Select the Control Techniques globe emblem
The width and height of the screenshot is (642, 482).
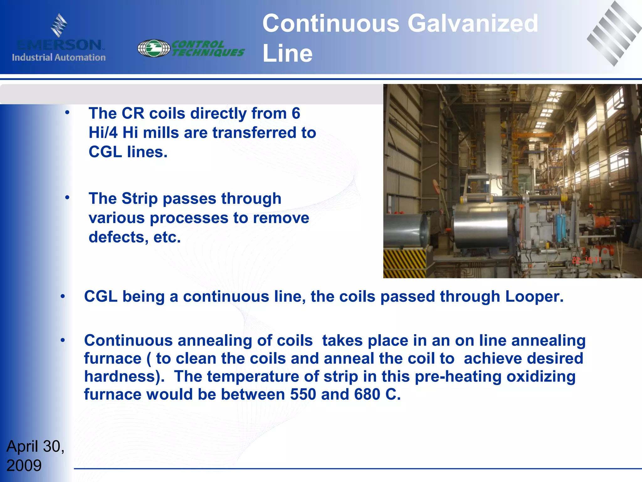coord(154,48)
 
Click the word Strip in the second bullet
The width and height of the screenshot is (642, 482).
coord(139,199)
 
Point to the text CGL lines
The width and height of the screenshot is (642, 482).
coord(128,152)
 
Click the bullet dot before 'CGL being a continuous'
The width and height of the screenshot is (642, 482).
coord(63,296)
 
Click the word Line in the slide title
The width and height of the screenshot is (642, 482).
coord(287,53)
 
